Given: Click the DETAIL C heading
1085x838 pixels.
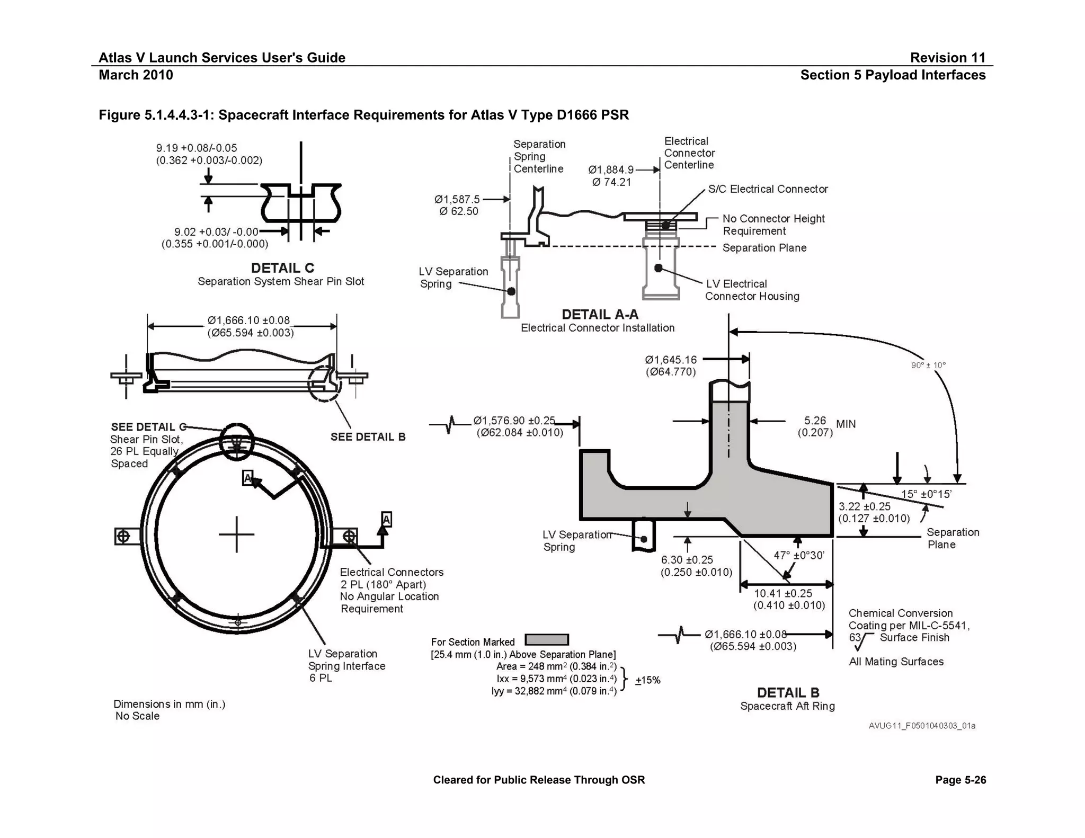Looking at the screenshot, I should [x=282, y=268].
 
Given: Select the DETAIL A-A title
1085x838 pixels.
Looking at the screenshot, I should [x=600, y=315].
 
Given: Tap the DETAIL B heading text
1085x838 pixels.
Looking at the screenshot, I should [x=788, y=693].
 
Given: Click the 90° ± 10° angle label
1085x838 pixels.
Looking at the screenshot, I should [x=928, y=365].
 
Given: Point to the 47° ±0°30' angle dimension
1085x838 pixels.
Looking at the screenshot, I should [x=799, y=556].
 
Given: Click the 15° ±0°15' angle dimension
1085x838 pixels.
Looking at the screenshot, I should [x=926, y=495].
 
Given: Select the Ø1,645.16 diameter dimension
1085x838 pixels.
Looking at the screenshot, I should [x=671, y=360].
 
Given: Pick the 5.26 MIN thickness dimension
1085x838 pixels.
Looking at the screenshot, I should [x=826, y=426].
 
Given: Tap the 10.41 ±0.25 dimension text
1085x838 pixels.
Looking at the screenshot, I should [x=783, y=594].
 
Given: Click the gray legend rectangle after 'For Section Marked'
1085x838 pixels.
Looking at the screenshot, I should [x=547, y=640].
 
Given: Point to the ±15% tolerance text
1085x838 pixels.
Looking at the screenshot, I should [x=647, y=681].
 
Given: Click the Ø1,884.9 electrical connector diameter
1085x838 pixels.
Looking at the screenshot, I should [x=611, y=170].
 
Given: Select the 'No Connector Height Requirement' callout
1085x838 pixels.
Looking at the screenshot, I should [x=773, y=225].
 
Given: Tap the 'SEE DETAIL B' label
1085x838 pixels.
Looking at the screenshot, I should [x=368, y=437].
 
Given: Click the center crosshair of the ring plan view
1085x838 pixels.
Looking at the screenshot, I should [x=237, y=534].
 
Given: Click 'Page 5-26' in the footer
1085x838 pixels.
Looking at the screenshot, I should [x=961, y=780].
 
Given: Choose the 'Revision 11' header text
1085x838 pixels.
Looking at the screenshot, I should [x=947, y=58].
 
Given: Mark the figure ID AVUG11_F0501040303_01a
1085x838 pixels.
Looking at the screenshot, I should [x=922, y=726].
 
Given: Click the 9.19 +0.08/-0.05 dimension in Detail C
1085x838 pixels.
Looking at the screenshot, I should [x=197, y=148].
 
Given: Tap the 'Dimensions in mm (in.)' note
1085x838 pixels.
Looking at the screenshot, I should [x=169, y=704].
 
